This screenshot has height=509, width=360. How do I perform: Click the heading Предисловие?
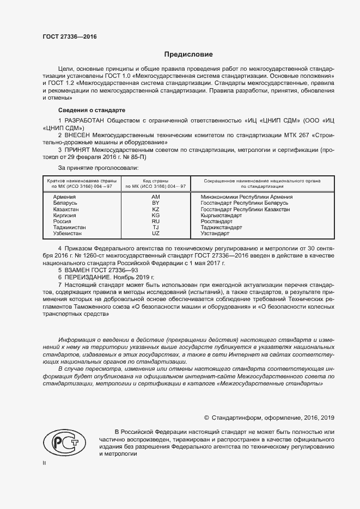click(x=189, y=54)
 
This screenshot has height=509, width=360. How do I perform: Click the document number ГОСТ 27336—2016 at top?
click(x=69, y=37)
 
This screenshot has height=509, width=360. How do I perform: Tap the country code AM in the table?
click(x=156, y=197)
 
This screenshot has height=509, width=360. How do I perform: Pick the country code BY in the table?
click(x=156, y=203)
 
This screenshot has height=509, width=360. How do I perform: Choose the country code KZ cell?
click(x=156, y=209)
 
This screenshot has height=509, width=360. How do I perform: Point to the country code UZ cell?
click(x=156, y=233)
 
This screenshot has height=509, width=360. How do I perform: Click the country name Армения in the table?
click(x=65, y=197)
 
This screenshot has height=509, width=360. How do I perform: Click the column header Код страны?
click(x=156, y=180)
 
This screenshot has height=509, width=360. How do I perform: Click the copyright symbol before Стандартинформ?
click(x=206, y=418)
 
